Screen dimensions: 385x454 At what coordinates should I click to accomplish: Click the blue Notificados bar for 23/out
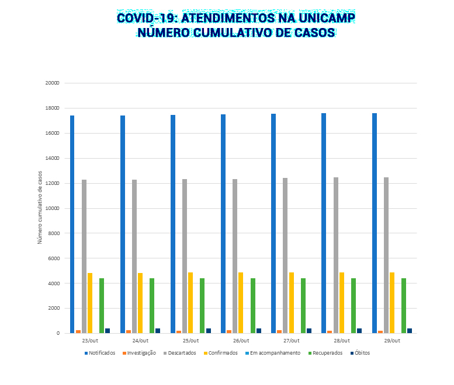[x=72, y=224]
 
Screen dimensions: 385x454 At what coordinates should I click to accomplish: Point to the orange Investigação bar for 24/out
[x=129, y=331]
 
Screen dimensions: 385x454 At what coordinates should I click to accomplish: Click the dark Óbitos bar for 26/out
[x=258, y=331]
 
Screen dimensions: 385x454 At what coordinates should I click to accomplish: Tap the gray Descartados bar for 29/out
[x=386, y=255]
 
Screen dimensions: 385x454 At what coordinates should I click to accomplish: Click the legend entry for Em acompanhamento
[x=275, y=353]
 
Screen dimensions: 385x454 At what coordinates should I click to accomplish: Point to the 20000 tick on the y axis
[x=53, y=83]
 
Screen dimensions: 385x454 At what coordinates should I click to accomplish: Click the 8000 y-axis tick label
[x=54, y=233]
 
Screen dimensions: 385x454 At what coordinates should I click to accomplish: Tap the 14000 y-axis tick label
[x=53, y=158]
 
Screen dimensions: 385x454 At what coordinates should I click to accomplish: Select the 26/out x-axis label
[x=241, y=340]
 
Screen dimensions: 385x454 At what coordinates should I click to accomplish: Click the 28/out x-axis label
[x=341, y=340]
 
